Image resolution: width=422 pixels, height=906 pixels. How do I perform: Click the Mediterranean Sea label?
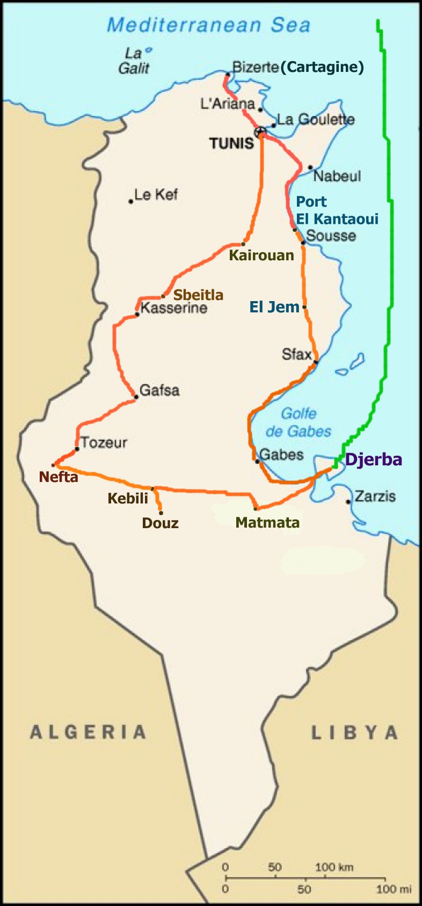208,25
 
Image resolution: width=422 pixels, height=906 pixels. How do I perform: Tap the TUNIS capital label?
231,143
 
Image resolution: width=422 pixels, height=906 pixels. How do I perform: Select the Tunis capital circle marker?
260,131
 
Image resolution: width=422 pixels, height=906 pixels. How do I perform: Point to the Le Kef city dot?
130,201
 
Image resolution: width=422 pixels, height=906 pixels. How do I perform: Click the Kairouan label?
261,255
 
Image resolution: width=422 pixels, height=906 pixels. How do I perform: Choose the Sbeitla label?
198,295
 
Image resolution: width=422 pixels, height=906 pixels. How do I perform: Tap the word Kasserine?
173,308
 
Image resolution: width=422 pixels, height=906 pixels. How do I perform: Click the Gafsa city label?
159,390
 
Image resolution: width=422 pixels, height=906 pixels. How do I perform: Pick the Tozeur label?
104,443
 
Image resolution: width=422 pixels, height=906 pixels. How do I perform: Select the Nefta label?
59,477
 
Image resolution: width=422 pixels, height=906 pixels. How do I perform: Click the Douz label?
160,523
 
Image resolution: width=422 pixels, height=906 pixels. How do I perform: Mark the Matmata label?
267,522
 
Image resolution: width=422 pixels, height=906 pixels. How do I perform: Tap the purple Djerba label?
373,459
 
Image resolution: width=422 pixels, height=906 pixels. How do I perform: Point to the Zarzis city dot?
348,502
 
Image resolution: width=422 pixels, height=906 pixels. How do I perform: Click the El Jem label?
274,307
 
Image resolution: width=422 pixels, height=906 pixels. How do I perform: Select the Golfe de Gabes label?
298,422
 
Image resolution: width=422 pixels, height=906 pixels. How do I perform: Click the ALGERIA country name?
88,732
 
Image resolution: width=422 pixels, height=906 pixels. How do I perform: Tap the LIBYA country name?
354,733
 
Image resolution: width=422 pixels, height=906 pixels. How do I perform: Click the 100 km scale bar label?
334,867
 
